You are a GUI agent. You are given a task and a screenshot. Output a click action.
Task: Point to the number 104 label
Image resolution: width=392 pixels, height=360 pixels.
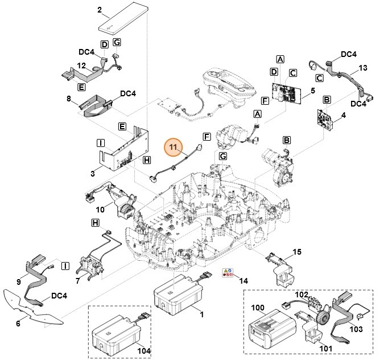click(145, 351)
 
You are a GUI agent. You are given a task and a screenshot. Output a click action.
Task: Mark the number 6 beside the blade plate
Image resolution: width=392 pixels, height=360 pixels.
click(18, 324)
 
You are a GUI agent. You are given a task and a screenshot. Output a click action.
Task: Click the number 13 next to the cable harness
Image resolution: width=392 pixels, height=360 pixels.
click(363, 68)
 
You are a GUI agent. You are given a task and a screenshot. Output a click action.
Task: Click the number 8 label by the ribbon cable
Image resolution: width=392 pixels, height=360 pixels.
click(69, 99)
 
